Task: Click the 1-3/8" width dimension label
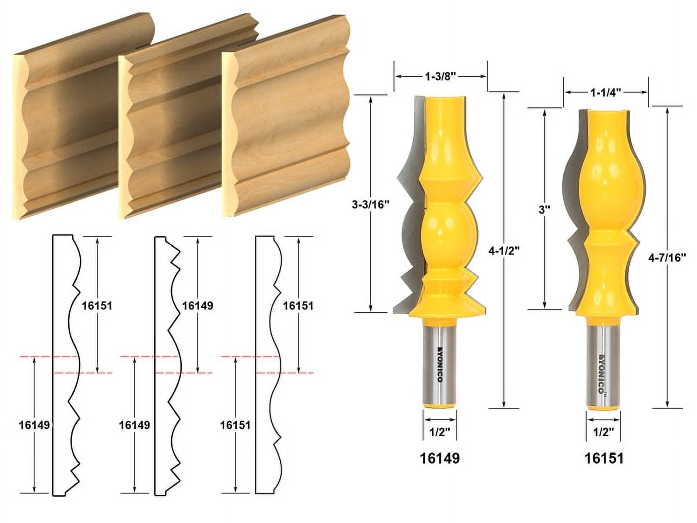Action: point(440,76)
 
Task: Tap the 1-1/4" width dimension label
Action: point(606,92)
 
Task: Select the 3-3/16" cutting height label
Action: point(370,204)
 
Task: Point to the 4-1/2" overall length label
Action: point(504,251)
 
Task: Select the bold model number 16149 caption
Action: point(440,458)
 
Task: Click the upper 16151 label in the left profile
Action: point(97,306)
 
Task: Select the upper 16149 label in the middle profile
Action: point(197,306)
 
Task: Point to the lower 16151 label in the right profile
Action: point(235,425)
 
